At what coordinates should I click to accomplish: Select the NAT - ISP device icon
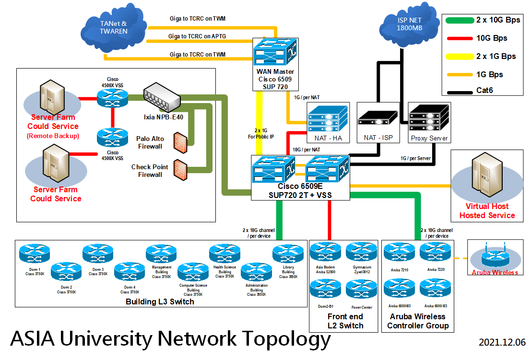click(x=378, y=118)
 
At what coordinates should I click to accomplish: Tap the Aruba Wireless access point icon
click(x=494, y=258)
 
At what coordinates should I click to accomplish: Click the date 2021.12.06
click(x=502, y=342)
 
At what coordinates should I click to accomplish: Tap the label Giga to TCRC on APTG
click(x=197, y=36)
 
